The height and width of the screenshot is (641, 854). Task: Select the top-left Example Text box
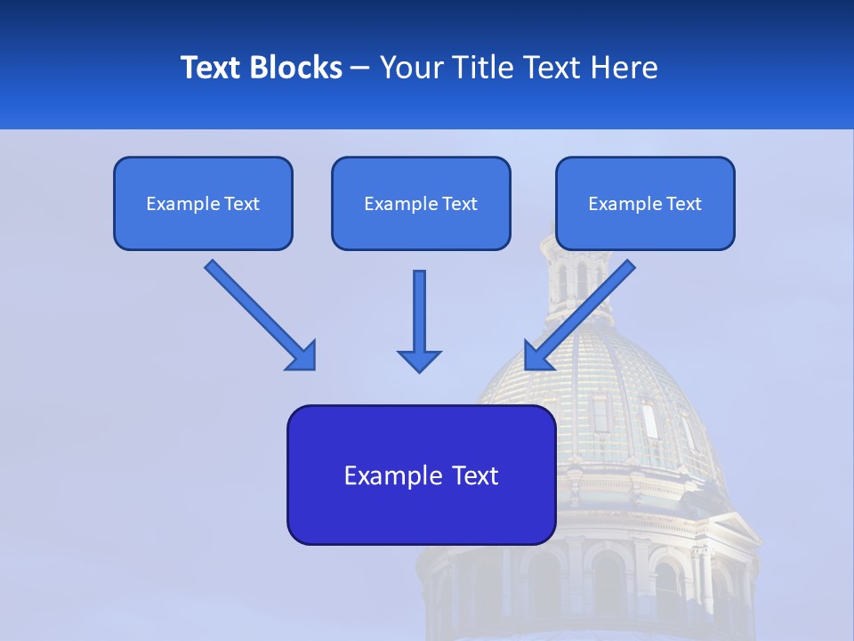203,203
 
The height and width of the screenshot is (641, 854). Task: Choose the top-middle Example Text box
421,203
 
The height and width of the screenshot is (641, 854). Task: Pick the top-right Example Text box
645,203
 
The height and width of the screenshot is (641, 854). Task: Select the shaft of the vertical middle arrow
419,308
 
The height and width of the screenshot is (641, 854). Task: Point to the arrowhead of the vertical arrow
419,360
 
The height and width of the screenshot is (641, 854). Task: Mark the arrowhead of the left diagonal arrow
302,356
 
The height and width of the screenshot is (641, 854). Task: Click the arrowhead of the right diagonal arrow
537,355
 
